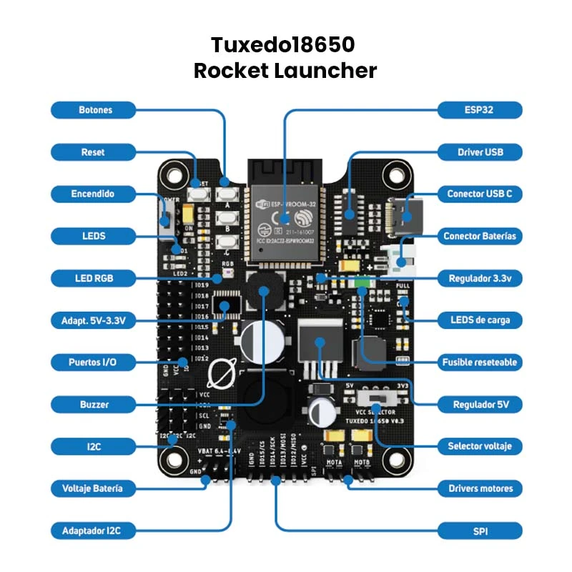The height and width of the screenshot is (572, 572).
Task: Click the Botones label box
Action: click(93, 110)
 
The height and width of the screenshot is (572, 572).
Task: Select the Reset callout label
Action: click(93, 152)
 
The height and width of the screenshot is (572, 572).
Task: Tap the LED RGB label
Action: click(93, 278)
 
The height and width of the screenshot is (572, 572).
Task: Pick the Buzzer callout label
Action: click(93, 405)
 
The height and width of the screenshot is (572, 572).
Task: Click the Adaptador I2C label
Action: click(93, 531)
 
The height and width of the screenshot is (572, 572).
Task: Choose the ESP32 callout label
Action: click(480, 110)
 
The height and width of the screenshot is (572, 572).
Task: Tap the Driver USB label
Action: click(480, 152)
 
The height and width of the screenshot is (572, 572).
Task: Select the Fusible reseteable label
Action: click(480, 363)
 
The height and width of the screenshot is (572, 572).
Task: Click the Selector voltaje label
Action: click(480, 446)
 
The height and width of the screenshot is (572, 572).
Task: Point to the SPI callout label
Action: click(480, 531)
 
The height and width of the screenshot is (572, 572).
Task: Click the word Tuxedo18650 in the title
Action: click(283, 46)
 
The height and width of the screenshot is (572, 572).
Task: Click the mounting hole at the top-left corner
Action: click(174, 172)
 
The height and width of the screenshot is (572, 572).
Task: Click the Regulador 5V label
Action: click(480, 405)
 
